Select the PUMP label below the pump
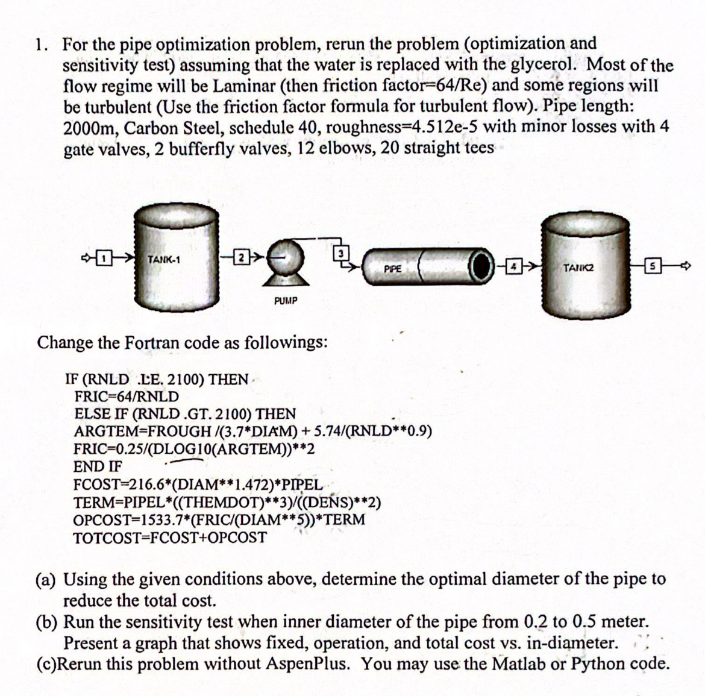pyautogui.click(x=285, y=300)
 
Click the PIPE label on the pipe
pyautogui.click(x=392, y=269)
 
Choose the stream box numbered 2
pyautogui.click(x=240, y=260)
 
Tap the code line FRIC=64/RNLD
pyautogui.click(x=126, y=397)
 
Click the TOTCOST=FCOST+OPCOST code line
pyautogui.click(x=169, y=537)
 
